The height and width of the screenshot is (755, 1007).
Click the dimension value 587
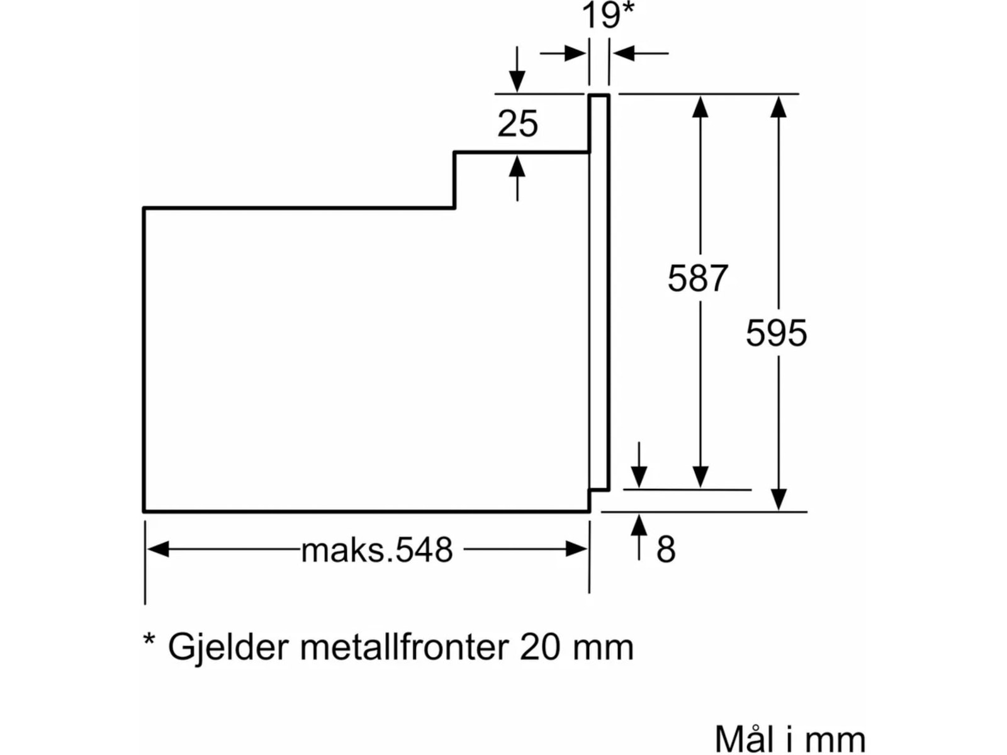coord(697,278)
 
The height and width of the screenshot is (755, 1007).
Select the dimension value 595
coord(776,333)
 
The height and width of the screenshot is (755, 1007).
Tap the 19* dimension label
coord(607,16)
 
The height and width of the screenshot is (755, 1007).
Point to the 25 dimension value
coord(517,123)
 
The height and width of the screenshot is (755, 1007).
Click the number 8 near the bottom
coord(666,549)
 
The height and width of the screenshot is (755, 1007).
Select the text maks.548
coord(376,550)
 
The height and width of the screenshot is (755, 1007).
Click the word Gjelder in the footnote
coord(228,647)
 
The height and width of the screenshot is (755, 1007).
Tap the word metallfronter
coord(404,647)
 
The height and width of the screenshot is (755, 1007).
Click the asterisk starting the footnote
coord(149,640)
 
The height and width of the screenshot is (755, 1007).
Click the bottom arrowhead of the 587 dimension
coord(700,477)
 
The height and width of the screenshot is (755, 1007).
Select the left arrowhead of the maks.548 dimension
coord(158,549)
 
